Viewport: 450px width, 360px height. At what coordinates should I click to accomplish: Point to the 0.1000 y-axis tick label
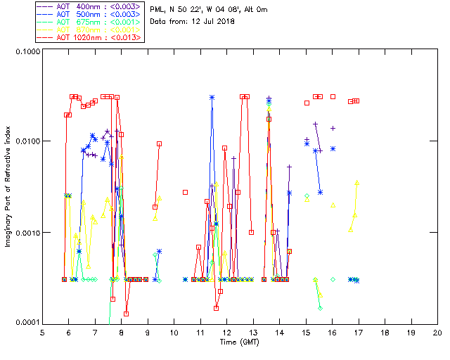coord(26,51)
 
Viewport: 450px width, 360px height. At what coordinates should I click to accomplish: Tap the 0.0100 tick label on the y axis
coord(26,142)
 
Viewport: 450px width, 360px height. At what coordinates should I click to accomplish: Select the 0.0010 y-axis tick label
coord(26,233)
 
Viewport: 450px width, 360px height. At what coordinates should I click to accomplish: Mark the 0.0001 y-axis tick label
coord(26,323)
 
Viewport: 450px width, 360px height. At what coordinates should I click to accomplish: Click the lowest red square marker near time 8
coord(127,314)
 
